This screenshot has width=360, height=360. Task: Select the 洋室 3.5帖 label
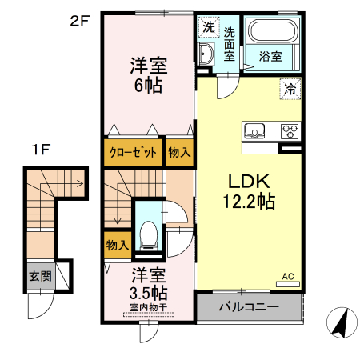pos(149,282)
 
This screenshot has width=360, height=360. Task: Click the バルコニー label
pos(248,307)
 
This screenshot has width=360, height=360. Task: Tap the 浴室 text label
pos(270,56)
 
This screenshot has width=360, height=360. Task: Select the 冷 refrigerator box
pos(289,90)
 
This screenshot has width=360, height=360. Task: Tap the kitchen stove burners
pos(287,131)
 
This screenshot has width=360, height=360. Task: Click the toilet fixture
pos(147,233)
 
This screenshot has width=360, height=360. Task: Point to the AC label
pos(288,277)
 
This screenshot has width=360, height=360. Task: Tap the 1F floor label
pos(41,150)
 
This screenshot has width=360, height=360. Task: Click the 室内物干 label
pos(148,306)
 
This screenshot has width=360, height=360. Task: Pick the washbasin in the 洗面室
pos(206,55)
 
